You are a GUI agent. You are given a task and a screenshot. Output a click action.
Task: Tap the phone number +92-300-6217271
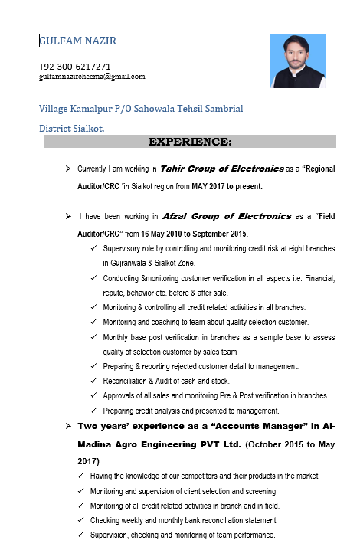point(74,67)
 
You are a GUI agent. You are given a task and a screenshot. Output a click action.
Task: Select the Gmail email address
point(92,77)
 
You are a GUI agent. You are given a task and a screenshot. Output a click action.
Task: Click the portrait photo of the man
point(298,61)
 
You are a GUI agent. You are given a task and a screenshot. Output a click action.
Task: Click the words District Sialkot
point(72,129)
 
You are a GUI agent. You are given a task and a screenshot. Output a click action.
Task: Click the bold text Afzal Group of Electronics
point(227,216)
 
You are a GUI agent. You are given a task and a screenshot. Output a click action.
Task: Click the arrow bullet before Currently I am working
point(68,168)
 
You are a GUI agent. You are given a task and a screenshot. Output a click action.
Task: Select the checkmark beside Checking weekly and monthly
point(82,521)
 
